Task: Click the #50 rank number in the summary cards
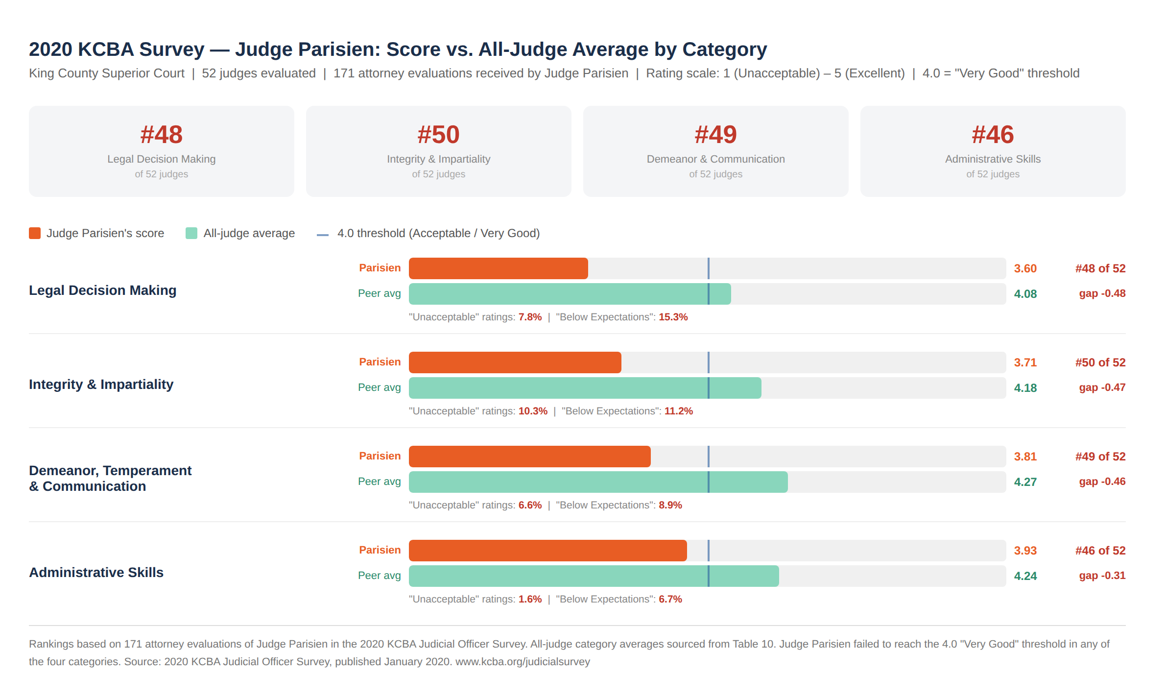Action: (x=438, y=135)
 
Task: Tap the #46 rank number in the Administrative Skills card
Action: (x=993, y=135)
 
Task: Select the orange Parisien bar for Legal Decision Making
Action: (x=498, y=268)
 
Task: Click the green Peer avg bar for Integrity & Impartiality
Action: (x=585, y=388)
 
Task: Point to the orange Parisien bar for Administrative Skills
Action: (x=547, y=551)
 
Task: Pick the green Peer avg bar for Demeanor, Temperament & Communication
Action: (x=598, y=482)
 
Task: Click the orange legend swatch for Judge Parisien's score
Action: (x=35, y=233)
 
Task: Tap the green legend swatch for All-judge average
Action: (x=191, y=233)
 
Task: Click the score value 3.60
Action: (x=1025, y=268)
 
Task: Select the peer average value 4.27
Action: (x=1025, y=482)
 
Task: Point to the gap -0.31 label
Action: (x=1102, y=576)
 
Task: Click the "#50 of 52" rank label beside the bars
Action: (x=1100, y=362)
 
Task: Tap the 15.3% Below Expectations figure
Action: (x=673, y=317)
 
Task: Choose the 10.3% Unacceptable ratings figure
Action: (x=533, y=411)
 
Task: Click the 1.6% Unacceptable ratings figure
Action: (x=530, y=599)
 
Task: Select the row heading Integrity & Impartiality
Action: (x=101, y=385)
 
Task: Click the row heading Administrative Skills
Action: (x=96, y=573)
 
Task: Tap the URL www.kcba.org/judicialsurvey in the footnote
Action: (x=523, y=662)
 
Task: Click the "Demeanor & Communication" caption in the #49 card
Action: (x=715, y=159)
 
